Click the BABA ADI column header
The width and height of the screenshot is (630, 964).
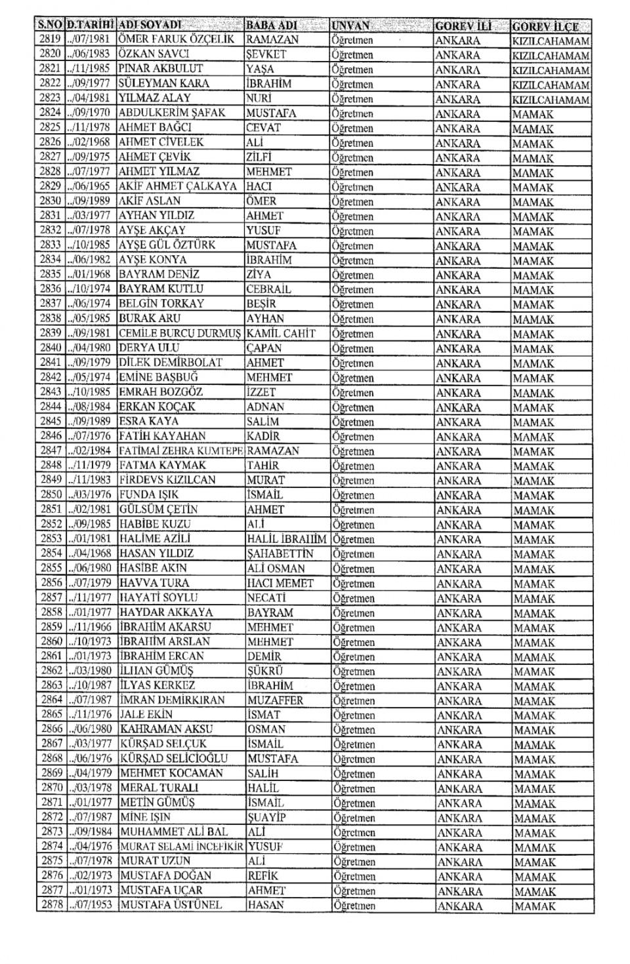271,26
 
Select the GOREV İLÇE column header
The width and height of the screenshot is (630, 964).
545,27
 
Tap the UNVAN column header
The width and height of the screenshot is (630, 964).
351,26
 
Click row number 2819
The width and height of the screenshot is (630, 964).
51,39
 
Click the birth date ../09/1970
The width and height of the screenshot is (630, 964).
91,113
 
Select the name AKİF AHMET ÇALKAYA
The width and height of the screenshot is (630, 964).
178,186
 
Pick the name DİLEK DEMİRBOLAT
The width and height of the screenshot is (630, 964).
171,363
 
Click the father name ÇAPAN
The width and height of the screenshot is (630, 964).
264,348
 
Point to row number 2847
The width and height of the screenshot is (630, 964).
51,451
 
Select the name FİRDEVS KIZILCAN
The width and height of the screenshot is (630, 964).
167,480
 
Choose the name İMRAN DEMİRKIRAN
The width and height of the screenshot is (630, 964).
172,700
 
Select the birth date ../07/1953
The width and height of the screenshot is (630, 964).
91,906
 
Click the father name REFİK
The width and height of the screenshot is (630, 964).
263,876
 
